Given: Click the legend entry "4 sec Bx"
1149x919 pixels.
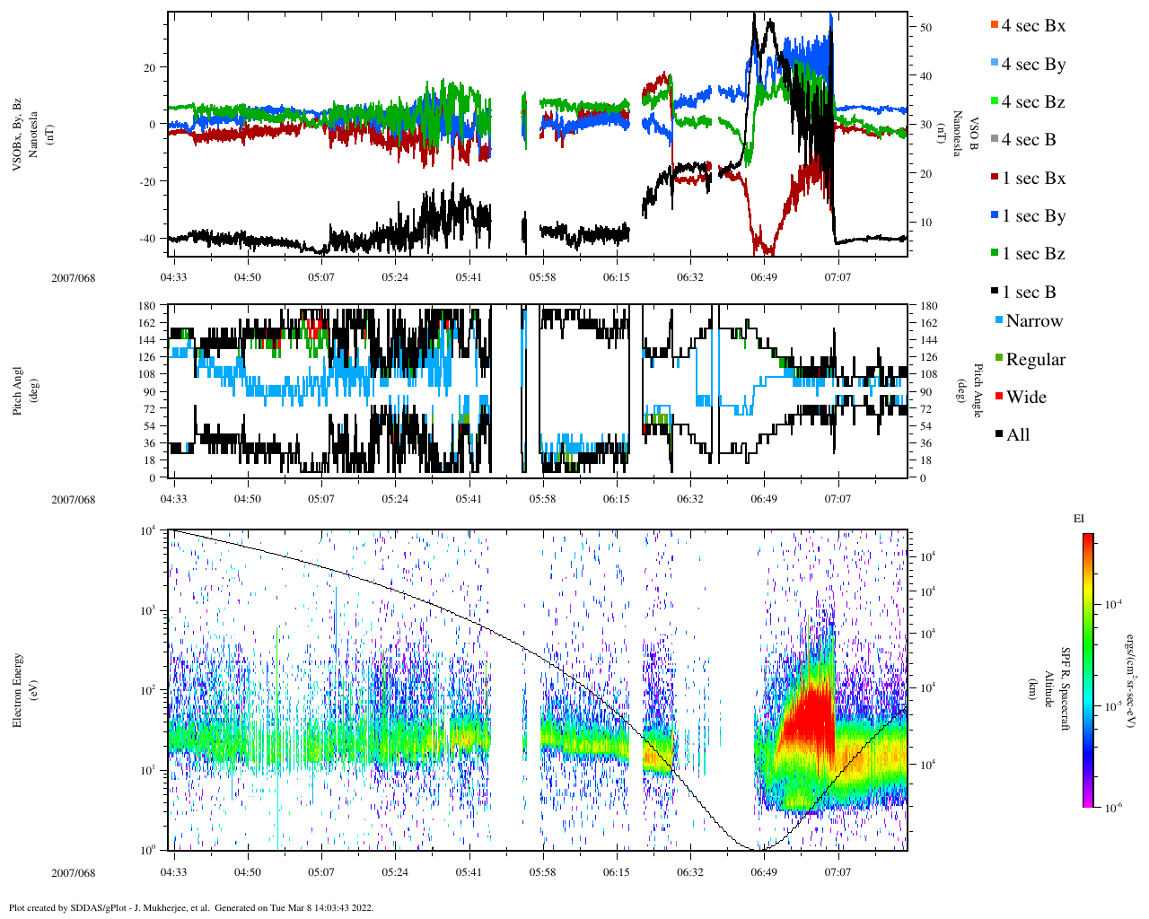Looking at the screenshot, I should tap(1032, 26).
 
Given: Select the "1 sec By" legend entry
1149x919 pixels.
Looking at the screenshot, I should tap(1032, 216).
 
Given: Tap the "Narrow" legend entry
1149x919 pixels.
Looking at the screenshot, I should tap(1033, 321).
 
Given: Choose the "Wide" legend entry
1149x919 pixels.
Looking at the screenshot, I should tap(1025, 398).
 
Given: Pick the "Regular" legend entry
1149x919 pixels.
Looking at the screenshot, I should tap(1034, 360).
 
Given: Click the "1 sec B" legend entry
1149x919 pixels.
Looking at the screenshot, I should tap(1028, 293).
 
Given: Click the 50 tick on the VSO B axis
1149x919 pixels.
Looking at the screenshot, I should tap(925, 28).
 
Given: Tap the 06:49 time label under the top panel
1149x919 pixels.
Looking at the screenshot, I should tap(764, 277).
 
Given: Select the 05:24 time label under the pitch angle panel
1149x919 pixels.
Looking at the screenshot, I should tap(394, 499).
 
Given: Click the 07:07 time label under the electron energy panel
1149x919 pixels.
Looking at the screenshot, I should tap(838, 872).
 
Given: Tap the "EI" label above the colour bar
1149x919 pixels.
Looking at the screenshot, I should tap(1079, 519).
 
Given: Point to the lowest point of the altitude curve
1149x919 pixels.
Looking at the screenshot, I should tap(757, 848).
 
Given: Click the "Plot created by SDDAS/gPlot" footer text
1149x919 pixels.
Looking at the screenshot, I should tap(190, 907).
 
